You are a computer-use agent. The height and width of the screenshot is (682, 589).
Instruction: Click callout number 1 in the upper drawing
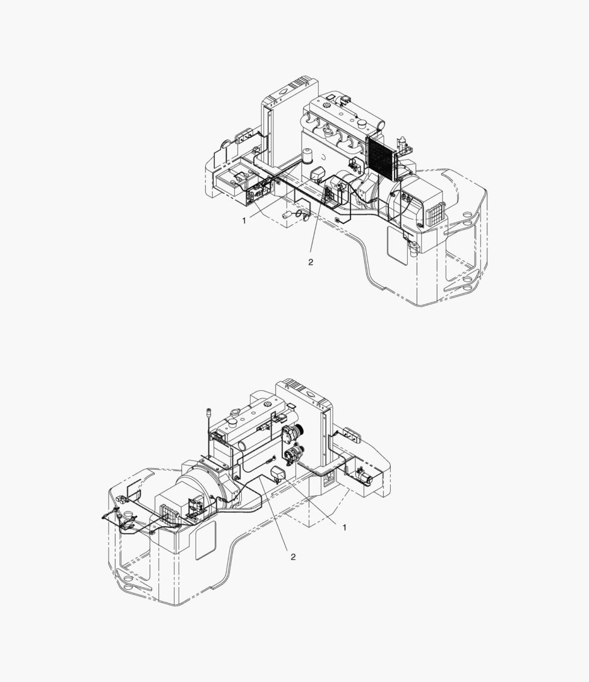pos(244,220)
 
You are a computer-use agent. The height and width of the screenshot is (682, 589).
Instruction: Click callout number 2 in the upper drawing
pos(311,262)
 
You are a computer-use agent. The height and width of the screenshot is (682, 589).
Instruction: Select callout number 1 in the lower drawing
pos(345,527)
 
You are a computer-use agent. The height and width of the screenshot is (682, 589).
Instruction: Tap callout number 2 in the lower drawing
pos(293,557)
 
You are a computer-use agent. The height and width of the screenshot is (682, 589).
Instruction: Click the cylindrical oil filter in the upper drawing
pos(308,156)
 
